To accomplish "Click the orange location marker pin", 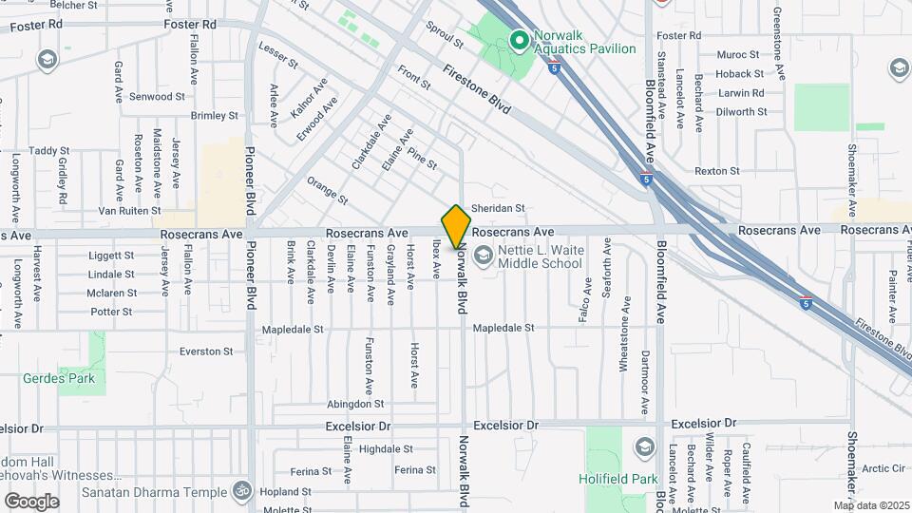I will click(457, 226).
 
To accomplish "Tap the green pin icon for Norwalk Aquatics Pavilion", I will click(519, 40).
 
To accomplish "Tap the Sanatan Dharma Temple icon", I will click(242, 492).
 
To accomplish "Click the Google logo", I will click(31, 502).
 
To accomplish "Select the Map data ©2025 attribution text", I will click(871, 505).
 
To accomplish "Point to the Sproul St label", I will click(445, 36).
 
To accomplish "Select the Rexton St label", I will click(717, 171).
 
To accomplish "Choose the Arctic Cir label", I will click(884, 468).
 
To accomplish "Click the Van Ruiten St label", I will click(130, 210).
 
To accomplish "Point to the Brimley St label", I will click(214, 116).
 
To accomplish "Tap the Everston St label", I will click(206, 351).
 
